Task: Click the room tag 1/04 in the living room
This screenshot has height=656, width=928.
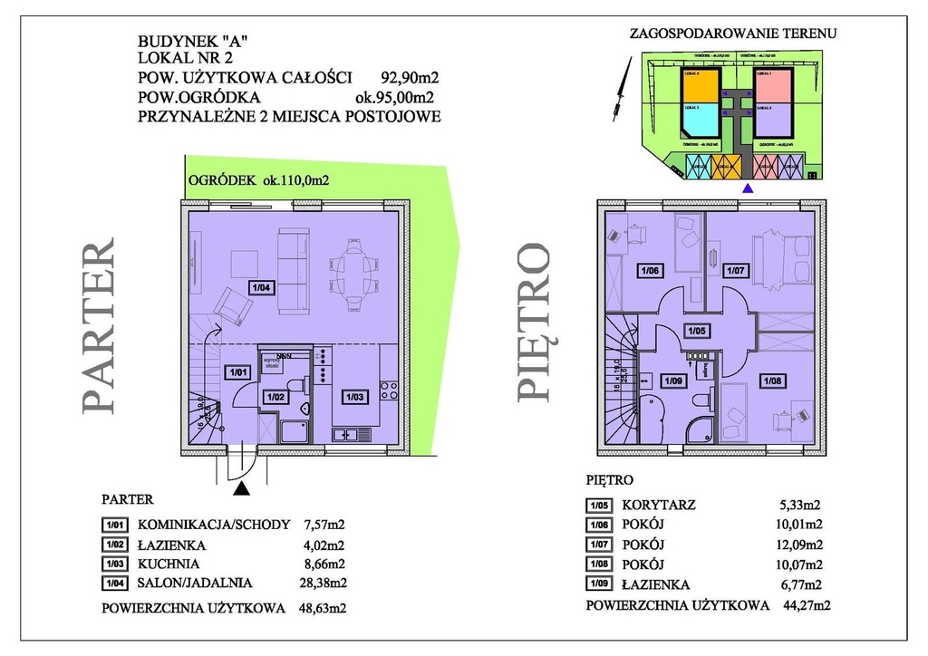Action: pos(261,288)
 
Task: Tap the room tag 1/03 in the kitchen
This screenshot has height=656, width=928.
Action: pos(354,396)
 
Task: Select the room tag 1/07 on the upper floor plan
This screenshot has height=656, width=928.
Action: pos(736,270)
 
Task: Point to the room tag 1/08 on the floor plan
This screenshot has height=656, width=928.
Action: pos(772,381)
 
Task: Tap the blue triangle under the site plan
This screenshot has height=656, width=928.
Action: pos(747,188)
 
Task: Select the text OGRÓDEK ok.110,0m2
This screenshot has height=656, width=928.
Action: pos(258,180)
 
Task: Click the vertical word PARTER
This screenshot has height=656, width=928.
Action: pos(101,326)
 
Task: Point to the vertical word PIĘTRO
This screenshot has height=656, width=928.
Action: pos(535,322)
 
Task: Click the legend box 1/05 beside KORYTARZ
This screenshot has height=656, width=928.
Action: pos(599,506)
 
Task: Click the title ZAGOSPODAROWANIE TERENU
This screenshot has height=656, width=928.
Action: pos(732,34)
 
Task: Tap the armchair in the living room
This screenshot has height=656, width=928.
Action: pos(233,304)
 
